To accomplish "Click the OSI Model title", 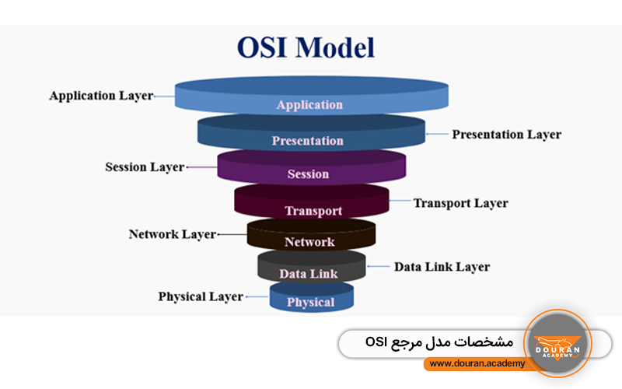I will click(x=306, y=48).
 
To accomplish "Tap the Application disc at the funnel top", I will click(x=310, y=98).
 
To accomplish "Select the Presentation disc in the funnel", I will click(x=309, y=134).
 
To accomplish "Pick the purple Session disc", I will click(x=309, y=168).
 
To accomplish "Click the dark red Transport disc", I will click(x=312, y=204).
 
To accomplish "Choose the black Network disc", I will click(x=310, y=237).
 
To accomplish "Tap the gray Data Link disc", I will click(x=309, y=268).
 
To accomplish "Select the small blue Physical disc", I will click(x=311, y=299).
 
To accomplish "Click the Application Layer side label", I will click(x=101, y=96).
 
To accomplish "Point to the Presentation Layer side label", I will click(x=506, y=134).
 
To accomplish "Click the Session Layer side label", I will click(x=145, y=167).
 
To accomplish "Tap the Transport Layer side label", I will click(x=460, y=203).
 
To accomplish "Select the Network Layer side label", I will click(x=172, y=234).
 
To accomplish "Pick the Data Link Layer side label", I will click(x=442, y=267).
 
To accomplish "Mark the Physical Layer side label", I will click(x=201, y=296).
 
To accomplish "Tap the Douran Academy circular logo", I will click(x=557, y=343).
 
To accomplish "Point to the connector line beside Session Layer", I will click(x=201, y=167).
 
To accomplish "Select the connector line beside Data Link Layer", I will click(x=379, y=267).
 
